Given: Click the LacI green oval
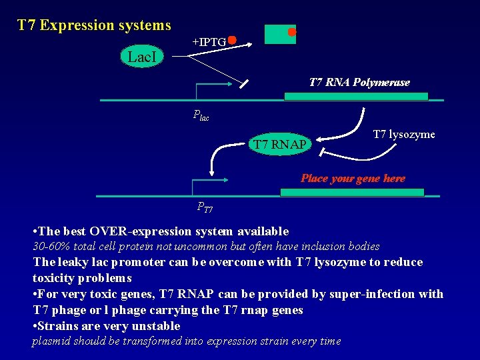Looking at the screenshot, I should pyautogui.click(x=142, y=57).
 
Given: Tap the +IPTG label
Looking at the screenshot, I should pyautogui.click(x=209, y=42).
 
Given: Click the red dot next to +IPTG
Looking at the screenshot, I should pyautogui.click(x=231, y=39).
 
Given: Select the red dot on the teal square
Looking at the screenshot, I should pyautogui.click(x=291, y=31).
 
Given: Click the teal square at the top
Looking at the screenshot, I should pyautogui.click(x=279, y=34).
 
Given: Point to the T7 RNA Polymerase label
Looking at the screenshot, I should pyautogui.click(x=359, y=83).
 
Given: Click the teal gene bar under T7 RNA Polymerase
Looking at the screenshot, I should pyautogui.click(x=356, y=96).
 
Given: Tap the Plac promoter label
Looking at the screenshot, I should pyautogui.click(x=201, y=115).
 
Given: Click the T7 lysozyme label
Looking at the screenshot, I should pyautogui.click(x=403, y=135).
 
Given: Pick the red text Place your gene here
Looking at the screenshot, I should pyautogui.click(x=353, y=178).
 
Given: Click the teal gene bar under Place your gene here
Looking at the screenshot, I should pyautogui.click(x=351, y=192).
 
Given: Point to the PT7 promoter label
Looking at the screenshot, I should pyautogui.click(x=205, y=207).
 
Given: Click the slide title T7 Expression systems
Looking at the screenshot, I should pyautogui.click(x=94, y=25).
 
